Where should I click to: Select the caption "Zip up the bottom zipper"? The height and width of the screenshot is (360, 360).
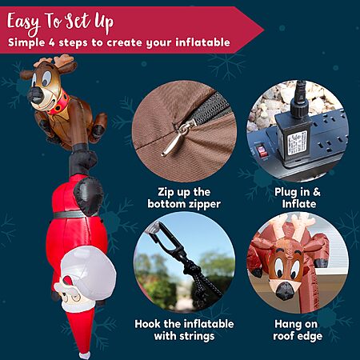click(x=184, y=198)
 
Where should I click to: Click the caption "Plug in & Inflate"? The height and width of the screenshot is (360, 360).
click(x=298, y=198)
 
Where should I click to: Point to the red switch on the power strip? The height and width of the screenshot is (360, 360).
click(x=262, y=151)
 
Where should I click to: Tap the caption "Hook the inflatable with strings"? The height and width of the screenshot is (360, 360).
click(x=184, y=330)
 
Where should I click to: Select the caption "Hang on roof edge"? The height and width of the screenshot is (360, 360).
click(x=298, y=330)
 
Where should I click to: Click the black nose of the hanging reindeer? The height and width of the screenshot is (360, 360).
click(x=36, y=96)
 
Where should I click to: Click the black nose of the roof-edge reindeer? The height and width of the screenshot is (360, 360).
click(x=285, y=291)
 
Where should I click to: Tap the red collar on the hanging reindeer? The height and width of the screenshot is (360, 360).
click(x=60, y=103)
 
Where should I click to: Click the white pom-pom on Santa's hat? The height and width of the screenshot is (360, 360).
click(x=85, y=355)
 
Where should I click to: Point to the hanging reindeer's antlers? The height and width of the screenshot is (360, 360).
click(x=54, y=60)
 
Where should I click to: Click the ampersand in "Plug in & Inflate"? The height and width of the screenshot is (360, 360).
click(x=317, y=192)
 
